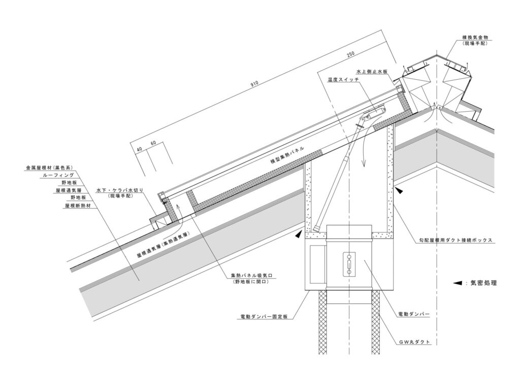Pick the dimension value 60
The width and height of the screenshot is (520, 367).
[x=153, y=143]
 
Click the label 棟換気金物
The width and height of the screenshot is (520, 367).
[x=474, y=38]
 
